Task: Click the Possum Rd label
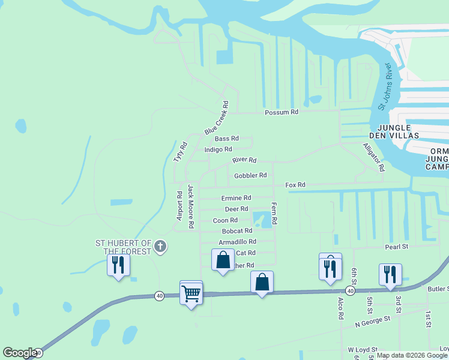(282, 112)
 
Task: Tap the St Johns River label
(384, 86)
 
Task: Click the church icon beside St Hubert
(160, 246)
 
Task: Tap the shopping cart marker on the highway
(191, 293)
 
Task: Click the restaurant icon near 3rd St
(390, 274)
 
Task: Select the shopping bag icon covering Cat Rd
(223, 260)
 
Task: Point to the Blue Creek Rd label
(217, 119)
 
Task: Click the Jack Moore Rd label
(191, 206)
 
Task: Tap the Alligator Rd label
(373, 157)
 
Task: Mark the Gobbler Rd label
(250, 175)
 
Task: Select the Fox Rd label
(295, 185)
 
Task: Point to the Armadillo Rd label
(237, 242)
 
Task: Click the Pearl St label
(396, 247)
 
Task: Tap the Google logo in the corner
(20, 353)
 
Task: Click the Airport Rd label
(179, 206)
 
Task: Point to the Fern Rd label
(274, 213)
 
